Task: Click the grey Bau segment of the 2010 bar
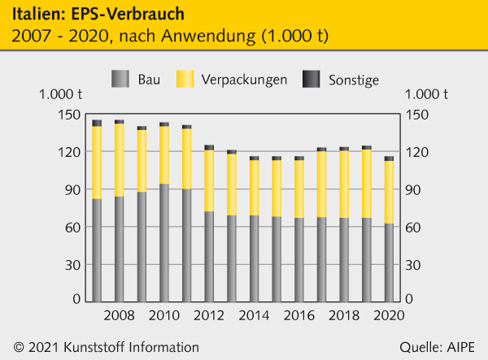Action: point(164,243)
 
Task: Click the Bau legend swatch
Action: point(120,79)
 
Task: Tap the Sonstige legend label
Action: point(354,80)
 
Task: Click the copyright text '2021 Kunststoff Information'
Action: point(111,346)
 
